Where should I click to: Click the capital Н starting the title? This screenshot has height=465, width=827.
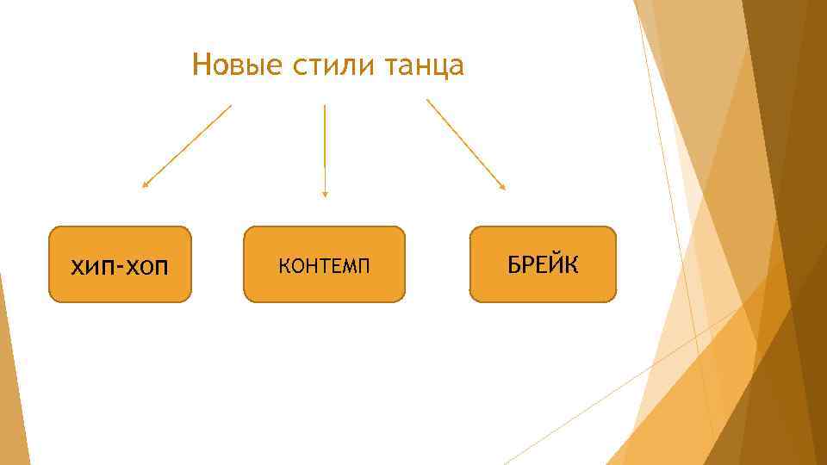(x=201, y=65)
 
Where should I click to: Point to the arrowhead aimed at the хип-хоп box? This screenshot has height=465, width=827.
(x=145, y=184)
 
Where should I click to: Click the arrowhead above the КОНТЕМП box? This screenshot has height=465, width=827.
(x=325, y=195)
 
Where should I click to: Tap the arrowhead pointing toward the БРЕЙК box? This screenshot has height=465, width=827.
(x=503, y=186)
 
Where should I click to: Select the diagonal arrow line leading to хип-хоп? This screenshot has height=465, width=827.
(x=188, y=145)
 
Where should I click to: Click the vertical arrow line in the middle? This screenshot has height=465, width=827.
(x=325, y=146)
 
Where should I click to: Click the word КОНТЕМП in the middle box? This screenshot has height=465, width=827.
(x=324, y=266)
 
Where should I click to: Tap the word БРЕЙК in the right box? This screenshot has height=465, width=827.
(x=544, y=264)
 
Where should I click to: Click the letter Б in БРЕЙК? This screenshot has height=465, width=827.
(x=513, y=264)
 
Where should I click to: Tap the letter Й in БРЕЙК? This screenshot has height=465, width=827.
(x=557, y=263)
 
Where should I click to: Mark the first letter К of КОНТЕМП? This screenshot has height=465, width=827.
(x=283, y=266)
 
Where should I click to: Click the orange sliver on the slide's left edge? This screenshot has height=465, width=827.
(x=9, y=379)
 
